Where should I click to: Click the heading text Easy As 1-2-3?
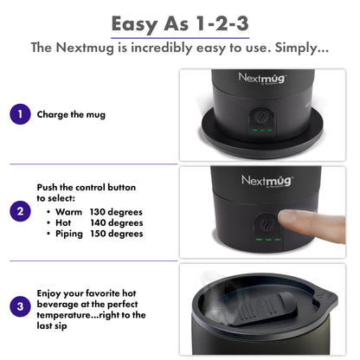click(179, 21)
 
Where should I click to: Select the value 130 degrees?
click(116, 211)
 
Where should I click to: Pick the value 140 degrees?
click(116, 222)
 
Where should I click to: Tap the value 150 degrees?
click(116, 234)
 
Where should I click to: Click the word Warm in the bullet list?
click(69, 211)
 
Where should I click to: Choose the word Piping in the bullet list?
click(71, 234)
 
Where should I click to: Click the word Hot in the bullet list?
click(65, 222)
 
